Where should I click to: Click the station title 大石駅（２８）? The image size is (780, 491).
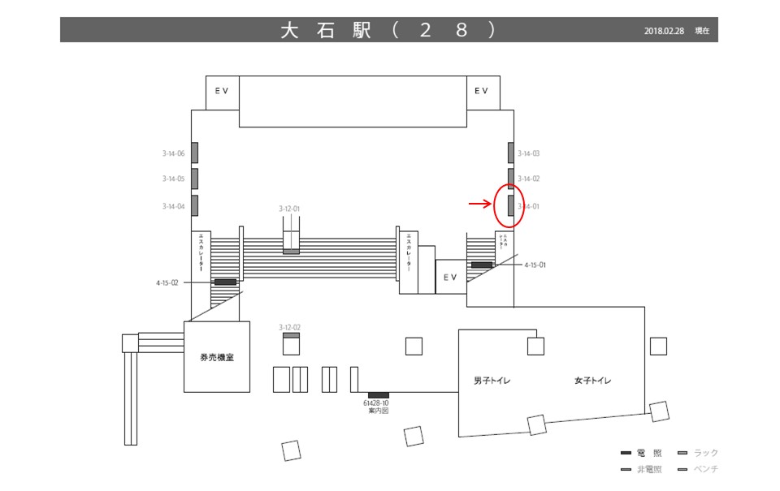coord(388,30)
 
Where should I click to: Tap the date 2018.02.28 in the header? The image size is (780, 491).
coord(664,31)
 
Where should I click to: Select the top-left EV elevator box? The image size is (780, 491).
coord(222,91)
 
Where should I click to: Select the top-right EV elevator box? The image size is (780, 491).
coord(482,91)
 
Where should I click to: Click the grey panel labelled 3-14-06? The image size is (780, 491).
coord(195,153)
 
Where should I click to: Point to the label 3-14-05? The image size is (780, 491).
coord(173,179)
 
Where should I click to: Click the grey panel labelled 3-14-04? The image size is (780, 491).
coord(195,205)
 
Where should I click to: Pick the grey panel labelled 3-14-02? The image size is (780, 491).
coord(511,177)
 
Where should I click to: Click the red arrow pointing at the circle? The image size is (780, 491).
coord(480,204)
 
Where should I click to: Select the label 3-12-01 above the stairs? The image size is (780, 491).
coord(289,209)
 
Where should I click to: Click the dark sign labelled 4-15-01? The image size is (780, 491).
coord(482,265)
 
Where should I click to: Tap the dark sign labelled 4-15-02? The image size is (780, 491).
coord(225,282)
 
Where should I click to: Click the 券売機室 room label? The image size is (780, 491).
coord(217,357)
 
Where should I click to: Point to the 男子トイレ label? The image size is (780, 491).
coord(492,381)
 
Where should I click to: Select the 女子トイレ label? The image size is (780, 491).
coord(592,381)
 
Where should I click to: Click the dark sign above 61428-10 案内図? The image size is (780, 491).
coord(379,394)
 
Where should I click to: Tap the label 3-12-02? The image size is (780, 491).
coord(289,327)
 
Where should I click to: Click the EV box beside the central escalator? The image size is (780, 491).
coord(451,277)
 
